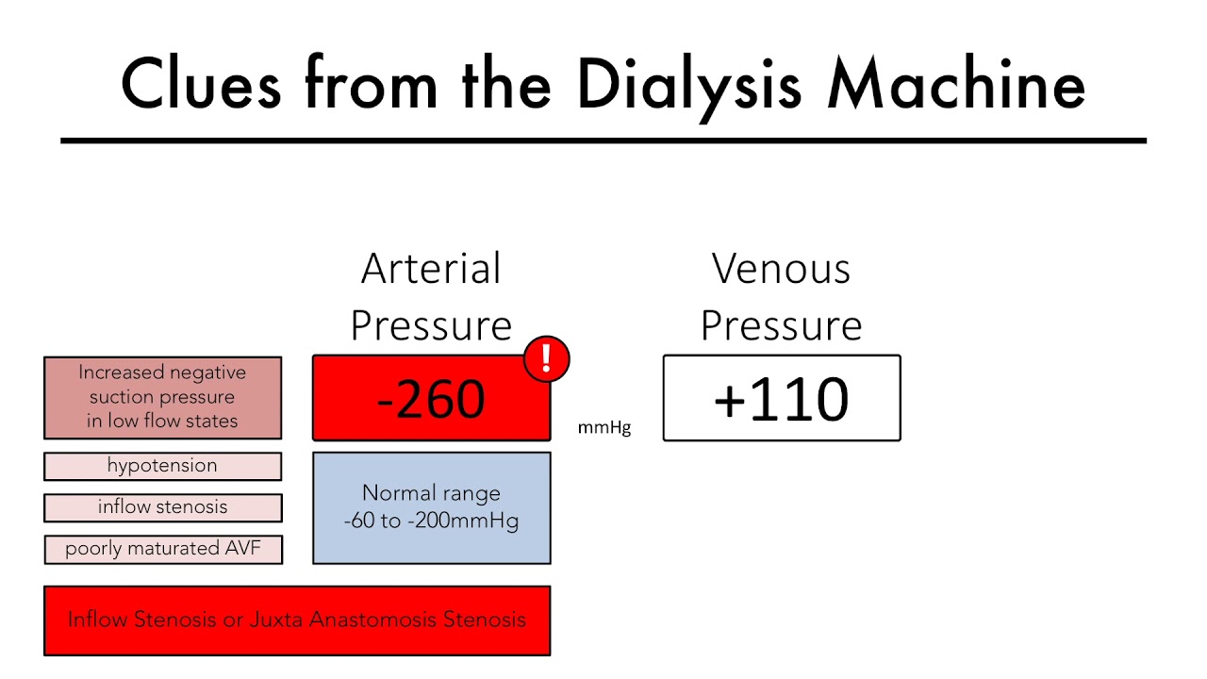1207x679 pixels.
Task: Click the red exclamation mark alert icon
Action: click(x=546, y=359)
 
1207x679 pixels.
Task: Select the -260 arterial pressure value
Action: click(x=431, y=399)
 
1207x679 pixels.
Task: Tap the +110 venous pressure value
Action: click(x=781, y=399)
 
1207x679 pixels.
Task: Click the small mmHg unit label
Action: click(x=604, y=429)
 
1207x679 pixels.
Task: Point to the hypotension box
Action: click(x=162, y=466)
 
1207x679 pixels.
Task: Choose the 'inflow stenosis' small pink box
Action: click(x=162, y=507)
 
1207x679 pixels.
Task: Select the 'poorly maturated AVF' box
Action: click(x=162, y=549)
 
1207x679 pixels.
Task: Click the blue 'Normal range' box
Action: click(x=431, y=507)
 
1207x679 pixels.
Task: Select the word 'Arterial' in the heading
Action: click(x=431, y=269)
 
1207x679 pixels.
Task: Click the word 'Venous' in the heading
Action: click(x=781, y=269)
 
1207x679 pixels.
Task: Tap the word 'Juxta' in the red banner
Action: click(x=279, y=620)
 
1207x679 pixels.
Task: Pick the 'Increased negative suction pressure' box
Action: click(x=162, y=397)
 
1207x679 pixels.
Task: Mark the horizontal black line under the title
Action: click(x=603, y=141)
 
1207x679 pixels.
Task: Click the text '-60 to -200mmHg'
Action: click(x=431, y=521)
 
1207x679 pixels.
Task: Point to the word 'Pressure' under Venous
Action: click(x=781, y=326)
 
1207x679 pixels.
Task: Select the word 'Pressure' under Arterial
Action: click(x=431, y=326)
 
